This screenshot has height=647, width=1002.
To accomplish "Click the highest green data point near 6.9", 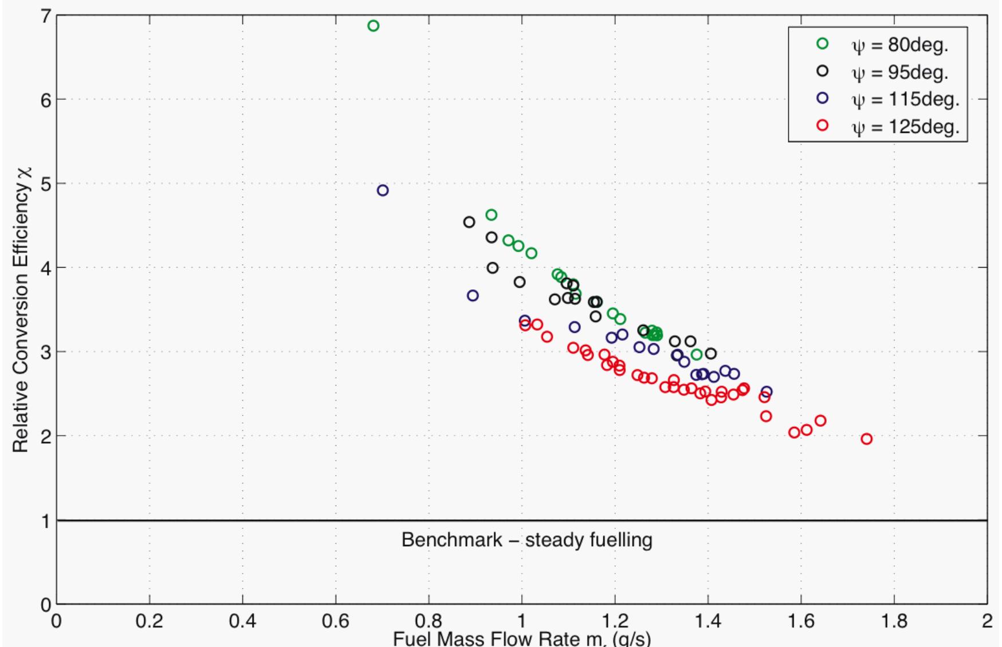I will [x=373, y=26].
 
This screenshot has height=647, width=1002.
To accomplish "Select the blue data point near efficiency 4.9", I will [x=383, y=190].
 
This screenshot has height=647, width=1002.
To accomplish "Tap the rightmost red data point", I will [x=866, y=439].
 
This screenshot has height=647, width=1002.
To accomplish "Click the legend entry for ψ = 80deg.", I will [x=899, y=45].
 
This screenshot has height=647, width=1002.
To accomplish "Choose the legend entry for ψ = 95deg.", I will [x=899, y=72].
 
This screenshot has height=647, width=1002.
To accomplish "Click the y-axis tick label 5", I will [x=45, y=184].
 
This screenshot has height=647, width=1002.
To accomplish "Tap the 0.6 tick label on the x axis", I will [x=336, y=621].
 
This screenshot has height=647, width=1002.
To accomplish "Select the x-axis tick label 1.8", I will [x=894, y=621].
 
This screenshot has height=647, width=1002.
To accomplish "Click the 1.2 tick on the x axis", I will [x=615, y=621].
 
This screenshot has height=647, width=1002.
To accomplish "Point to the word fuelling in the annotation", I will [x=620, y=540].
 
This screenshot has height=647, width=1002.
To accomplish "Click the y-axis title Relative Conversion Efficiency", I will [x=21, y=309].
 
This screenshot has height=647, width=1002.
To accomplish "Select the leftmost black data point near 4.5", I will [x=469, y=222].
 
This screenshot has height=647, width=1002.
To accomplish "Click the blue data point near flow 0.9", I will [x=473, y=296].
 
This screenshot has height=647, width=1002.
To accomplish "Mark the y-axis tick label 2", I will [x=45, y=436].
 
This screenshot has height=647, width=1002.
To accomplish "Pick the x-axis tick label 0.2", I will [x=150, y=621].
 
